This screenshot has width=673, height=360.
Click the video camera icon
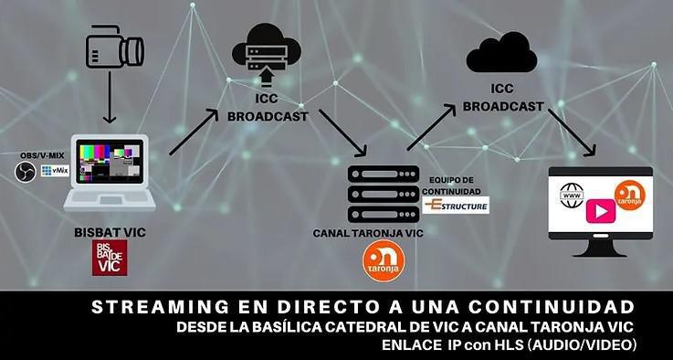(115, 49)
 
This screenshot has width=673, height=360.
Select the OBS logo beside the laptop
(26, 172)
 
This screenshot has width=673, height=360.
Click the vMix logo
(58, 171)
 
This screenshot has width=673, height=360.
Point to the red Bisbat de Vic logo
(110, 259)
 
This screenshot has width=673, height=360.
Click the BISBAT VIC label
(110, 233)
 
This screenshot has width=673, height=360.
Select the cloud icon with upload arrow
(265, 49)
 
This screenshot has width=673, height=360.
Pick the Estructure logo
(457, 206)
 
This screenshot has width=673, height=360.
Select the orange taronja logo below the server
(379, 263)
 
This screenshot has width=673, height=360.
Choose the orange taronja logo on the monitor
(629, 195)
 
